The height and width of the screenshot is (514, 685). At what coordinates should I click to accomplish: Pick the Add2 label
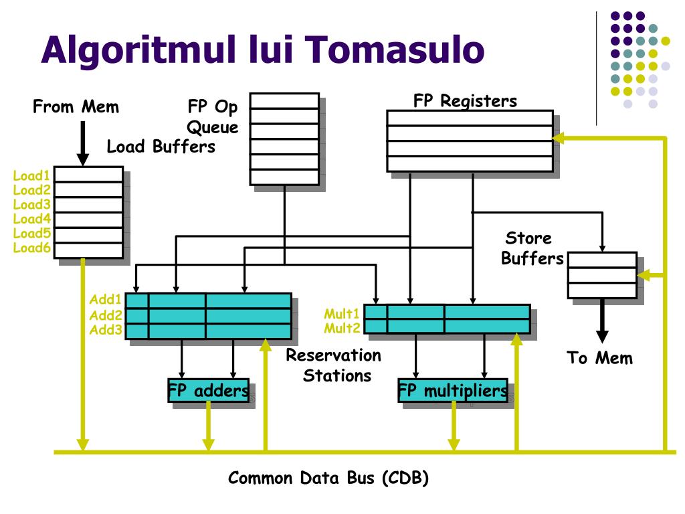coord(106,315)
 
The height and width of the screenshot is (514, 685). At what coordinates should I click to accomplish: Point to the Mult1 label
coord(342,313)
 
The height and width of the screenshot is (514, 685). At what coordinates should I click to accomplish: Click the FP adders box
coord(208,390)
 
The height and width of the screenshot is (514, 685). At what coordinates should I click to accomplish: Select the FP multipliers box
coord(453,390)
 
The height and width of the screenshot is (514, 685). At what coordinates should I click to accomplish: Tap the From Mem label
coord(76,106)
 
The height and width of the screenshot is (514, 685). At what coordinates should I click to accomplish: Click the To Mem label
coord(599,357)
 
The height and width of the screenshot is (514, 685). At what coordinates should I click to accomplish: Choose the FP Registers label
coord(465,101)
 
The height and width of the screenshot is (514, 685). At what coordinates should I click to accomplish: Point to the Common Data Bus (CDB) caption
coord(328,478)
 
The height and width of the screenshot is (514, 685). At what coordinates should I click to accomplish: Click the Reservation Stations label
coord(334,365)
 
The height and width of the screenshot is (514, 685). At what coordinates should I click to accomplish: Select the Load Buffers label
coord(161,146)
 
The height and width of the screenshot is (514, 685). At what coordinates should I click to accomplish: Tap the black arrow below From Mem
coord(82,143)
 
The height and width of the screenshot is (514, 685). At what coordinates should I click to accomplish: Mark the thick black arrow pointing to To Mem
coord(602,321)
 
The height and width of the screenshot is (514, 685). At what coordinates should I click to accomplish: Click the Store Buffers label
coord(531,248)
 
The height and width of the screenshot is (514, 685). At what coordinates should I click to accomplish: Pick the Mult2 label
coord(342,327)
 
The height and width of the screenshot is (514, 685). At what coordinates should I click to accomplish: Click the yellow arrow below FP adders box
coord(208,426)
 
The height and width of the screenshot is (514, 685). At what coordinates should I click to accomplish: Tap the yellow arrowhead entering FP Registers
coord(559,138)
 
